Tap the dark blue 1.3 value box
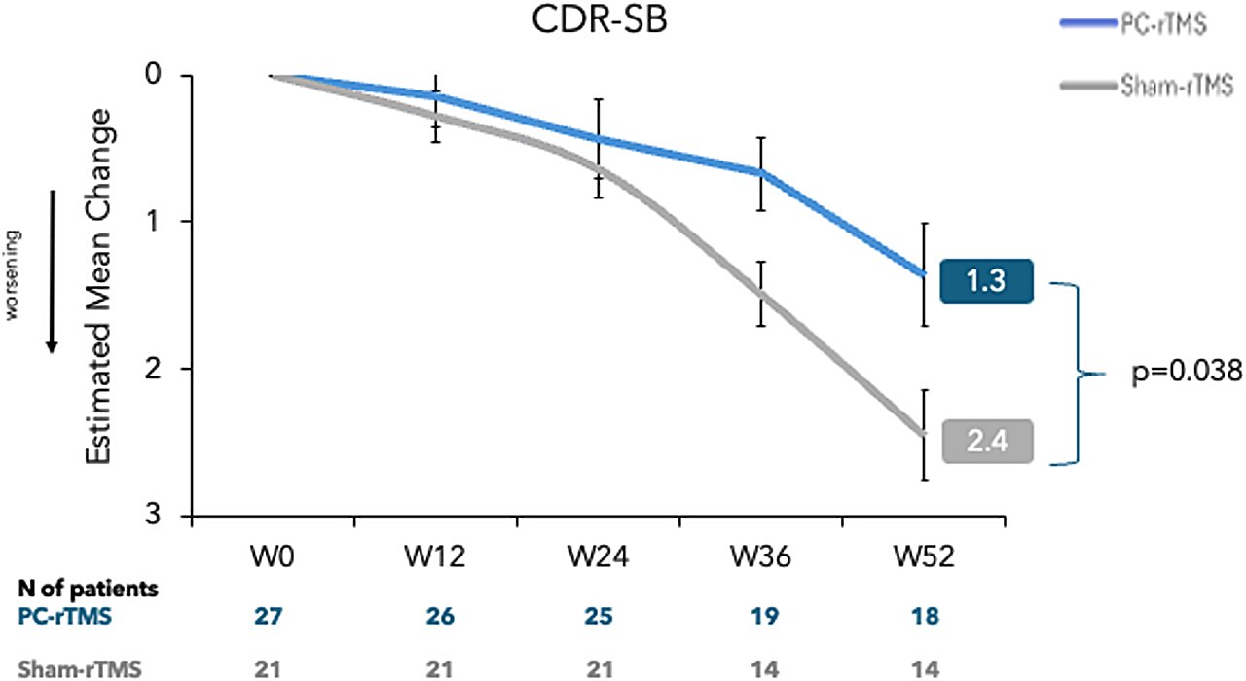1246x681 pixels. (x=987, y=283)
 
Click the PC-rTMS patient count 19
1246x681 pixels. (x=760, y=617)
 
